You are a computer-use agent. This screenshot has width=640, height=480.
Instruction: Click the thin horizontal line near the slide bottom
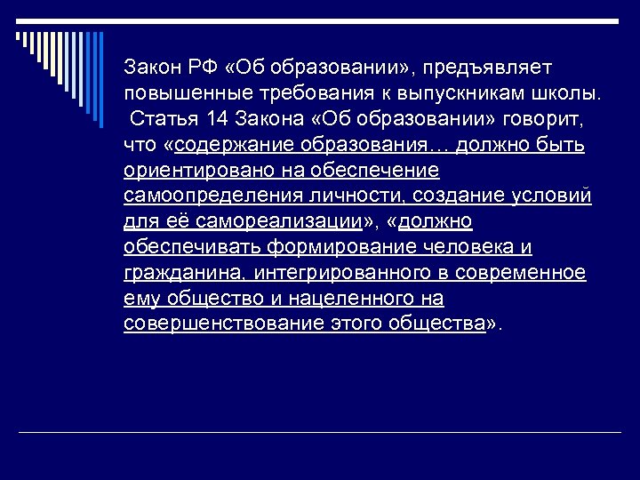click(320, 432)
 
